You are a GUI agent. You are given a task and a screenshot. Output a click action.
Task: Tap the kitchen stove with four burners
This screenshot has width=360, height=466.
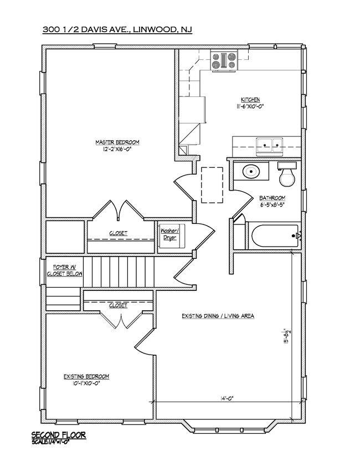click(x=224, y=61)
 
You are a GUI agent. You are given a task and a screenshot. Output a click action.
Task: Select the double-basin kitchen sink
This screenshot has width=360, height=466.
click(x=270, y=146)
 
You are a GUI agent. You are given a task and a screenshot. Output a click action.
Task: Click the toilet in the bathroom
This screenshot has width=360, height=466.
click(x=287, y=175)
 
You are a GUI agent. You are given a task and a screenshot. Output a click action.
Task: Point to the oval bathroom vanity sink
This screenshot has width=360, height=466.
click(x=251, y=171)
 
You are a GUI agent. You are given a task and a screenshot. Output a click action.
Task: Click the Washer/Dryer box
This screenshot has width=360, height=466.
click(x=171, y=236)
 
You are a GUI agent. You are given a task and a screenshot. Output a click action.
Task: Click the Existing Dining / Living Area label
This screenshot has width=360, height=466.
click(x=218, y=316)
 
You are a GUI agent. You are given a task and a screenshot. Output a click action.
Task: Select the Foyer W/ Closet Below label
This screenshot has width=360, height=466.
click(x=65, y=271)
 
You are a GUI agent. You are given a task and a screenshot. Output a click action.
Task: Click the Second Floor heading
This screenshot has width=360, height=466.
click(x=59, y=435)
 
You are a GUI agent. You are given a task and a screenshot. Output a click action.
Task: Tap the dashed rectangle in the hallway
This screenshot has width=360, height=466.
click(x=212, y=185)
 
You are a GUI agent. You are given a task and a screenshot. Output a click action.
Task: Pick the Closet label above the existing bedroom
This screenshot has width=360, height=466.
click(x=118, y=305)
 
